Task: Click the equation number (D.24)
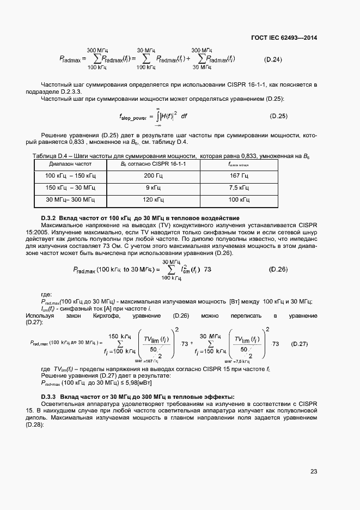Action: (273, 59)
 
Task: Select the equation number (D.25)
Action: (278, 117)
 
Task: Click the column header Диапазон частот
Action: (70, 163)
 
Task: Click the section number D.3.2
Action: (49, 218)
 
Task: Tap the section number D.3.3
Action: (49, 396)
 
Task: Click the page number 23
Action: (313, 471)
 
